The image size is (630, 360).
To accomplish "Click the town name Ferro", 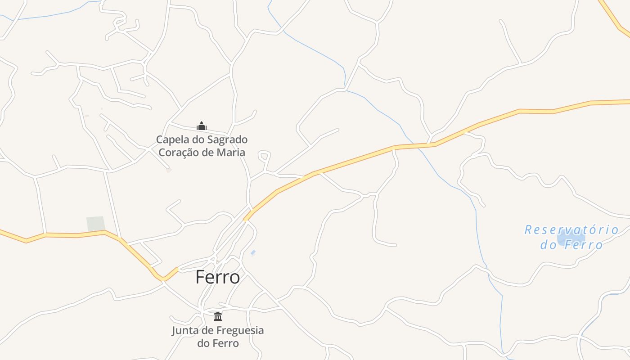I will point(217,277).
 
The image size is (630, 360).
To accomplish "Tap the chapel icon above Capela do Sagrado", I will point(201,126).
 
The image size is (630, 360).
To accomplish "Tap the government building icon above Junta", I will point(218,316).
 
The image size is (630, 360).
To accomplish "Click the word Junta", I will point(184,330).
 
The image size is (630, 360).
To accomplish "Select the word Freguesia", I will point(240,330).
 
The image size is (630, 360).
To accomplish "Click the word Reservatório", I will point(571,230).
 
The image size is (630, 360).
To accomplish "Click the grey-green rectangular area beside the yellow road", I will point(95,224).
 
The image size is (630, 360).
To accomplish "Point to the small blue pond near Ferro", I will point(253,252).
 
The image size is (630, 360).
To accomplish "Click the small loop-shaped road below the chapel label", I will point(265,157).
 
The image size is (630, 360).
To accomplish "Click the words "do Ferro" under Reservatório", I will point(571,245).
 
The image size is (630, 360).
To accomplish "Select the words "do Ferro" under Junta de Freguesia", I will point(218,343).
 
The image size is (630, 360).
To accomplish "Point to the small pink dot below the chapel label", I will point(169,170).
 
